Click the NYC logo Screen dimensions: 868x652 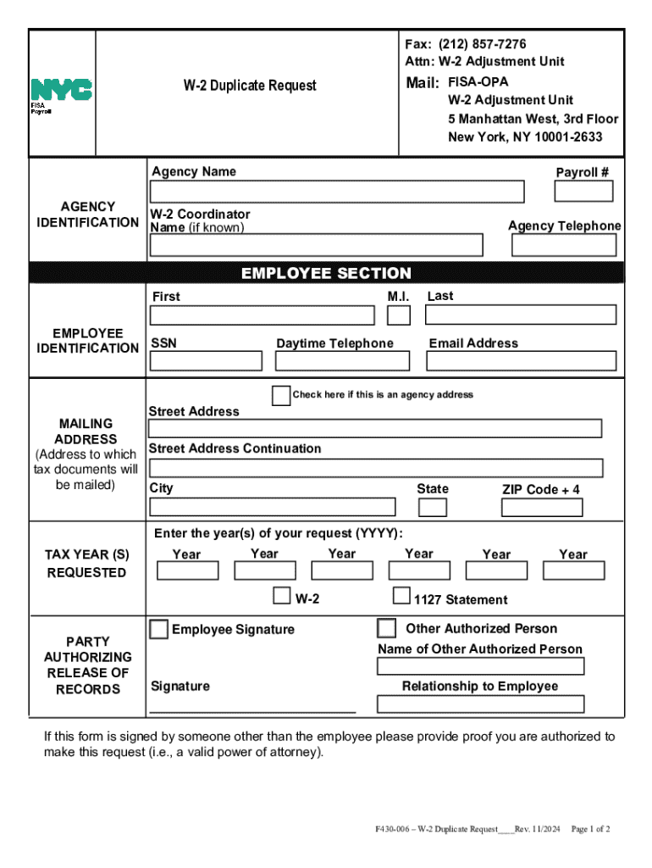61,90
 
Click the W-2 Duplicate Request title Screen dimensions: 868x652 250,86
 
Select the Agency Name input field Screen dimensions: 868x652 336,192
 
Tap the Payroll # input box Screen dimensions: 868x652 583,192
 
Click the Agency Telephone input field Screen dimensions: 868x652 564,245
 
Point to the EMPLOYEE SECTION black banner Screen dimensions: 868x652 326,273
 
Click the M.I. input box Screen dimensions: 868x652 399,315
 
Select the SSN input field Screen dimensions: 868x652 206,361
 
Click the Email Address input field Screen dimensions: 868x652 521,361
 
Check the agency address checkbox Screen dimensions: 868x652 281,395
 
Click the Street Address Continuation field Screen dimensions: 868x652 376,468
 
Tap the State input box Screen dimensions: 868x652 434,507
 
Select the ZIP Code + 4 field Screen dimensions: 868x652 542,508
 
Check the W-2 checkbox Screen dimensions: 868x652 281,596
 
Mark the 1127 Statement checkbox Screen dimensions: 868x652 401,596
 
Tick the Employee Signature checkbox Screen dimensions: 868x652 158,629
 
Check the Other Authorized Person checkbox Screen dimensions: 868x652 386,628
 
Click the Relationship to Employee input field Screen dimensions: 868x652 480,704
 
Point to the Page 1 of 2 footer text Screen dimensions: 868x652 591,829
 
